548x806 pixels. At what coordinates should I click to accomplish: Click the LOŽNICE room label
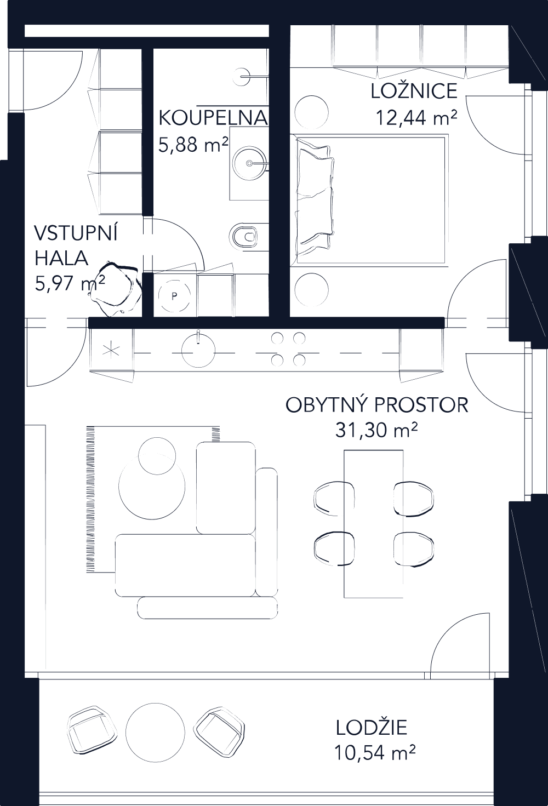[414, 91]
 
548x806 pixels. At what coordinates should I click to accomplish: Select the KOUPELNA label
[213, 118]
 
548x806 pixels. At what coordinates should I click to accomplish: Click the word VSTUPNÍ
[76, 233]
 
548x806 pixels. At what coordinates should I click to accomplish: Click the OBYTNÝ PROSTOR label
[377, 405]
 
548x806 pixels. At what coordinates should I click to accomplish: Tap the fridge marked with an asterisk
[111, 350]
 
